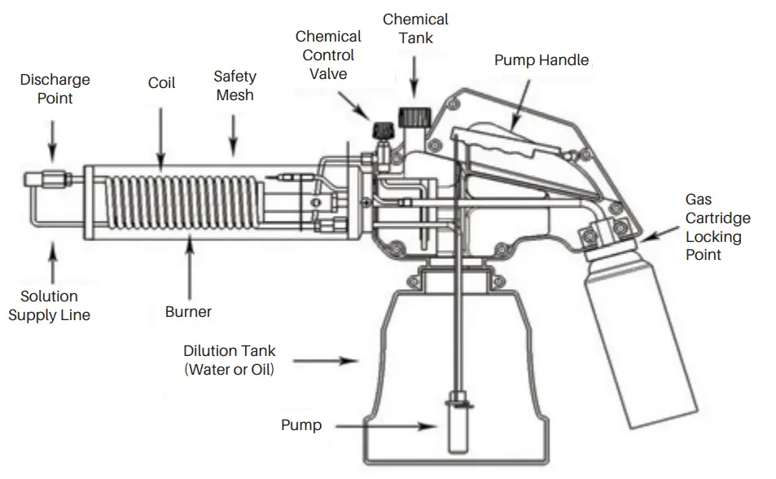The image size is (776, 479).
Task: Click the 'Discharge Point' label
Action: point(55,89)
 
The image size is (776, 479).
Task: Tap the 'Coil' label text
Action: point(161,83)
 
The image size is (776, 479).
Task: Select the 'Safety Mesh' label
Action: point(235,86)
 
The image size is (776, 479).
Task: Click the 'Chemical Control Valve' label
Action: point(327,55)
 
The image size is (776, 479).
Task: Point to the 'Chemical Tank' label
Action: point(415,28)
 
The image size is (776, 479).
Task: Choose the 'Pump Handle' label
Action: point(541,60)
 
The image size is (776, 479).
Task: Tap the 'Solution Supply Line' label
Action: point(50,305)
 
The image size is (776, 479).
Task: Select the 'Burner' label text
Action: point(188,312)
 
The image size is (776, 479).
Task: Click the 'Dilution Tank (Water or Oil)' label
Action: point(229,360)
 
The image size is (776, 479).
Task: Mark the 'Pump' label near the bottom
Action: point(301,425)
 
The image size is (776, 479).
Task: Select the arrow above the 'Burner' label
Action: point(189,269)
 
